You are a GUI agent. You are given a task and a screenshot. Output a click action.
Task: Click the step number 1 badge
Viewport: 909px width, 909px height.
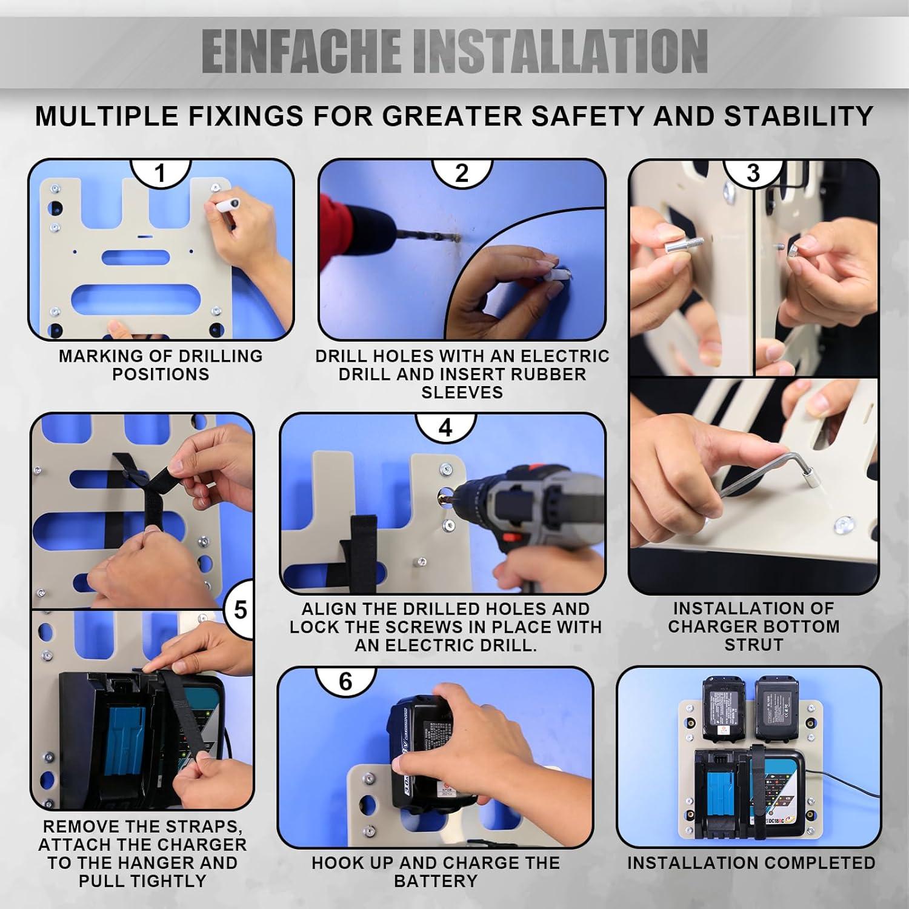tap(161, 173)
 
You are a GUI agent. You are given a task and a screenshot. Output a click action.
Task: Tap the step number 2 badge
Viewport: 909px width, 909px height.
tap(462, 173)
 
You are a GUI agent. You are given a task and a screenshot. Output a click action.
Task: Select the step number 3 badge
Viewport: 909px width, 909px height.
tap(753, 173)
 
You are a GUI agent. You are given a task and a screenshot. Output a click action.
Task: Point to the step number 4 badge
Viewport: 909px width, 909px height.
tap(445, 428)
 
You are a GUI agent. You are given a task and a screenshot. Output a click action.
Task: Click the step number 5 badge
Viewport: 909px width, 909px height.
tap(241, 609)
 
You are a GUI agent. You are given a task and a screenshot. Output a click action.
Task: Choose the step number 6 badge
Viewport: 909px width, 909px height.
tap(345, 681)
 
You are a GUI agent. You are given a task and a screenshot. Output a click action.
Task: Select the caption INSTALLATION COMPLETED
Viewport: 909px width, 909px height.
tap(751, 862)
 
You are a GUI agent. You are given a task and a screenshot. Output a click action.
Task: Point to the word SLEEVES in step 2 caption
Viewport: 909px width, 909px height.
tap(462, 392)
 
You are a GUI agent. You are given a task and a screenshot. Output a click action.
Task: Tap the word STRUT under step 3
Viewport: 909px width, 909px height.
tap(754, 645)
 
